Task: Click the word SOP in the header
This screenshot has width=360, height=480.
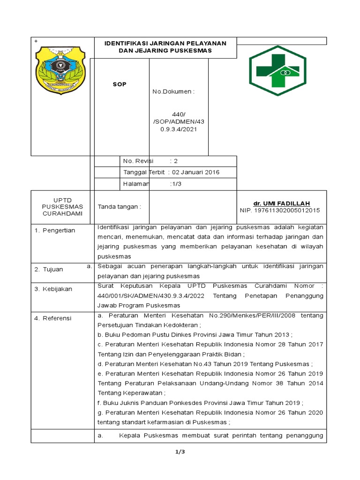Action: click(119, 84)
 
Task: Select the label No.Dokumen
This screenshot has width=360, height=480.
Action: click(173, 91)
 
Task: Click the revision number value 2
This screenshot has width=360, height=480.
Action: click(176, 161)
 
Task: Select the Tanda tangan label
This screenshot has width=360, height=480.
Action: click(119, 206)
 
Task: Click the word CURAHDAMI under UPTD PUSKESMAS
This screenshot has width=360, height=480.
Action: click(62, 213)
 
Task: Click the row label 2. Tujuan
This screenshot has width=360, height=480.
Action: click(50, 269)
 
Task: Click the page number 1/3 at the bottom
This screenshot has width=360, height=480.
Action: click(180, 452)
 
